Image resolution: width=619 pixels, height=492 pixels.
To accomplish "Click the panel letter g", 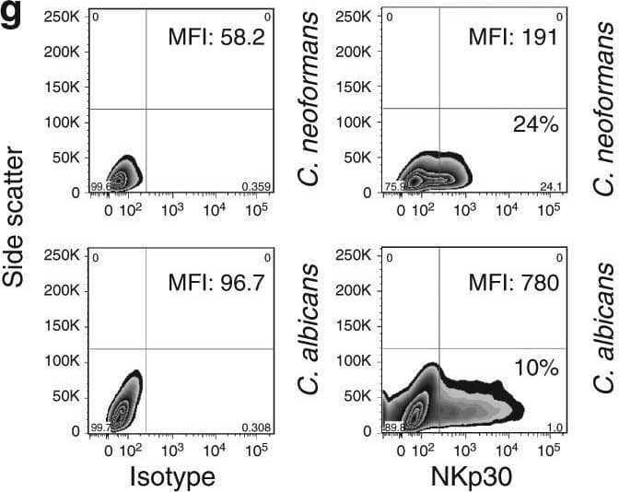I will (x=12, y=14).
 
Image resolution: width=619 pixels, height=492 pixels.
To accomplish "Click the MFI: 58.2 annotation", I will (x=216, y=38).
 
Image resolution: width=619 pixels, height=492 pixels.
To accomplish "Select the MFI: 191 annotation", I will (x=513, y=38).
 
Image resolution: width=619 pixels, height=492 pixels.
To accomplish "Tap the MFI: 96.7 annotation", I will (x=216, y=281).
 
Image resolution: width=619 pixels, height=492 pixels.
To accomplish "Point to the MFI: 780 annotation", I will (x=513, y=281).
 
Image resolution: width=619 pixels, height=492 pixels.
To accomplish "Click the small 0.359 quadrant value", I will (x=257, y=187).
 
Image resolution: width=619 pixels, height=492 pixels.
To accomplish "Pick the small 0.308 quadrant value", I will (x=257, y=428).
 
